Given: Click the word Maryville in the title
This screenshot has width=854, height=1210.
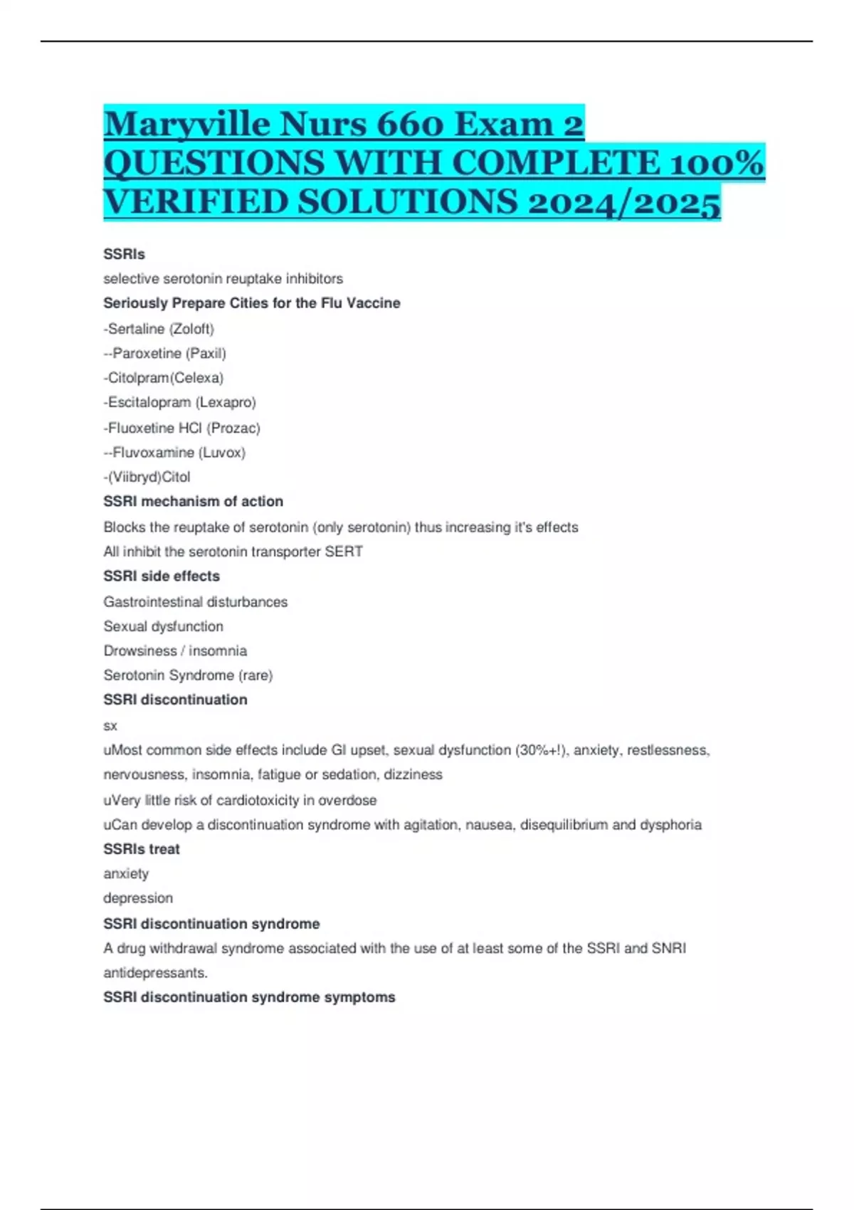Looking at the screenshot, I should pos(187,125).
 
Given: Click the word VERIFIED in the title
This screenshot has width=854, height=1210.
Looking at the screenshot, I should pos(195,202).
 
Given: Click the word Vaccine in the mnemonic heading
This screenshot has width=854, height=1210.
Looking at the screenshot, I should pos(373,303).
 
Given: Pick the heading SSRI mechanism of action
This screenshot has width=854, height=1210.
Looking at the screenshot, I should pos(193,502).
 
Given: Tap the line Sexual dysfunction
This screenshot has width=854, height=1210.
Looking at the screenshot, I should pos(163,626).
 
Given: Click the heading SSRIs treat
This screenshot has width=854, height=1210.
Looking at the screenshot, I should pos(142,849).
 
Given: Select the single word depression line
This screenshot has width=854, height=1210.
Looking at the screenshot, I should pos(138,898).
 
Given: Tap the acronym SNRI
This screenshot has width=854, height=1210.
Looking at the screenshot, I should pos(669,949).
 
